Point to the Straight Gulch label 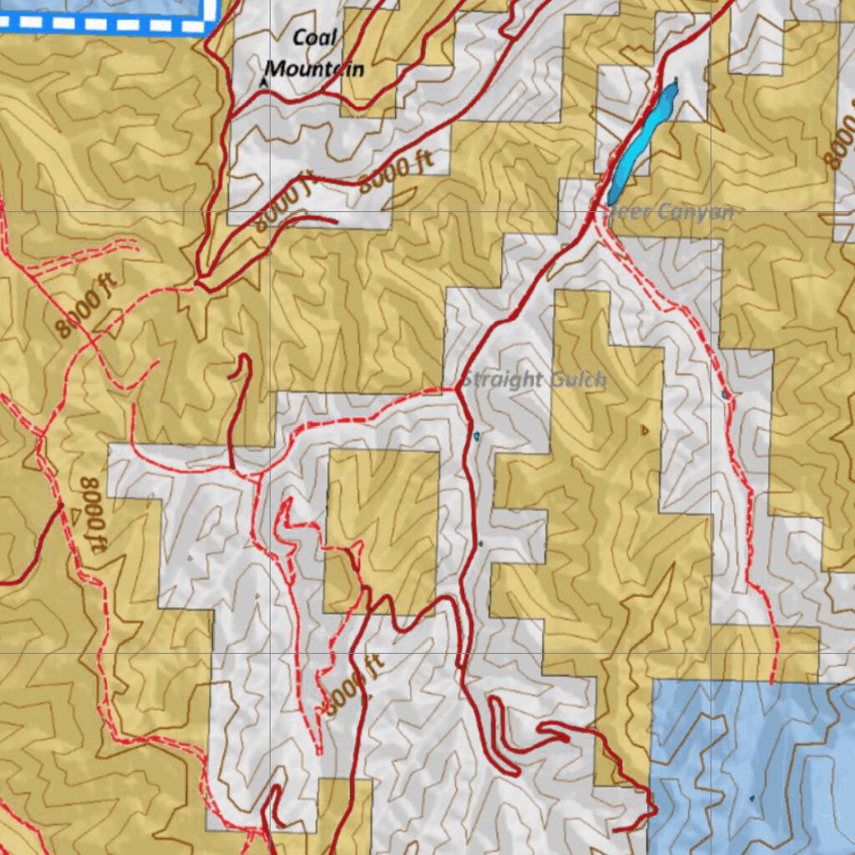pyautogui.click(x=534, y=381)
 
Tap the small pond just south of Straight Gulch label pyautogui.click(x=477, y=436)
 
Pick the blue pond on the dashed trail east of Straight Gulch pyautogui.click(x=725, y=394)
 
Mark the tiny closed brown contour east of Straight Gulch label pyautogui.click(x=644, y=431)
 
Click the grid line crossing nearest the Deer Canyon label pyautogui.click(x=711, y=212)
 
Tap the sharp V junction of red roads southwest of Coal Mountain pyautogui.click(x=200, y=276)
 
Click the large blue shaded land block pyautogui.click(x=751, y=760)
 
